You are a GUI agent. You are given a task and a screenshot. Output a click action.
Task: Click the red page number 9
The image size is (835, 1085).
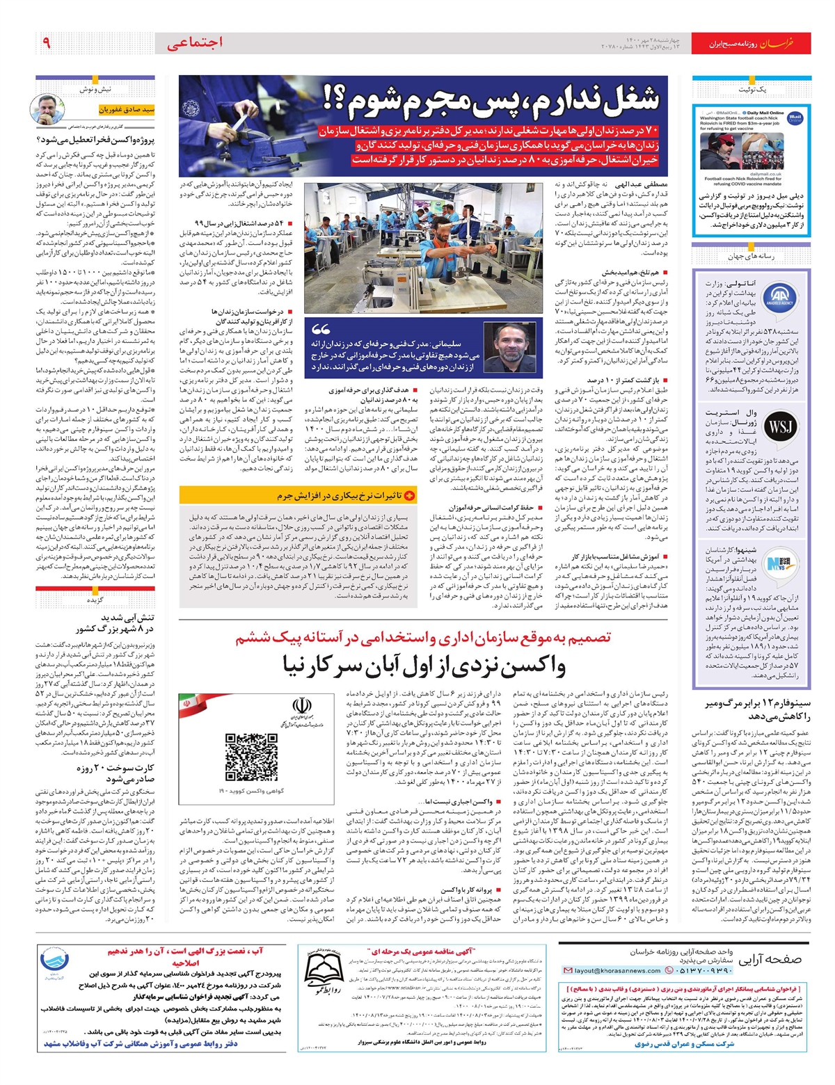(47, 44)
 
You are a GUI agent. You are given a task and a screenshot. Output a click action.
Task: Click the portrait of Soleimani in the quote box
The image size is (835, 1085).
(504, 347)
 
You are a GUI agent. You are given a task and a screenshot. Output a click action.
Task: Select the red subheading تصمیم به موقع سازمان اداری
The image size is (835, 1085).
(423, 637)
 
